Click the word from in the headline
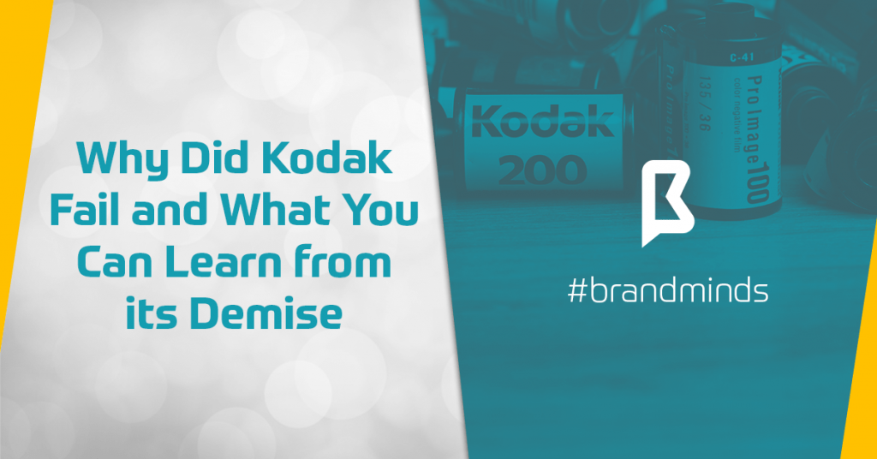[350, 265]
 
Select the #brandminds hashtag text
[667, 291]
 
